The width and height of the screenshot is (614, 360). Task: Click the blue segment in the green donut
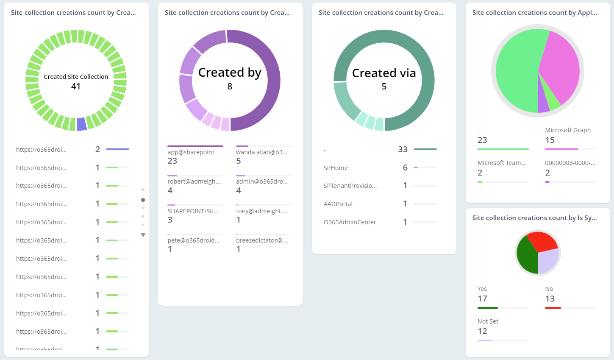tap(81, 124)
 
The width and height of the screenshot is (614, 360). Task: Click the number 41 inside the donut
tap(76, 87)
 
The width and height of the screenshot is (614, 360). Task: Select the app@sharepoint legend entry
tap(191, 152)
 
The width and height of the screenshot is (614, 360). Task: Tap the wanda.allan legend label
tap(261, 152)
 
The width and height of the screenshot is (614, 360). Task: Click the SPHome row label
tap(336, 168)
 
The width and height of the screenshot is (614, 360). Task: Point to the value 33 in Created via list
tap(403, 149)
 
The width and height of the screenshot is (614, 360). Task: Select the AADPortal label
tap(338, 204)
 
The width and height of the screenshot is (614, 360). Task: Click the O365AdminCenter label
tap(350, 222)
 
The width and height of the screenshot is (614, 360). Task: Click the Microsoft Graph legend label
tap(568, 130)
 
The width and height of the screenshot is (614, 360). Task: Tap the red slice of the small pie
tap(541, 241)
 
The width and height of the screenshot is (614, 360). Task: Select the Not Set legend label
tap(488, 321)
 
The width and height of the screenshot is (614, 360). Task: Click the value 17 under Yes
tap(482, 299)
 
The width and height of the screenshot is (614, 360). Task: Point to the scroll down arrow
tap(143, 235)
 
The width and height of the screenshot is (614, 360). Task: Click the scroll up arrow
tap(143, 189)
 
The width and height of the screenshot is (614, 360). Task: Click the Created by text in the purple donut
tap(230, 73)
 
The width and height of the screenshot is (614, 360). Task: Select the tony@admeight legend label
tap(261, 211)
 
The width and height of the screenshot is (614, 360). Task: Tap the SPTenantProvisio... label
tap(350, 186)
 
